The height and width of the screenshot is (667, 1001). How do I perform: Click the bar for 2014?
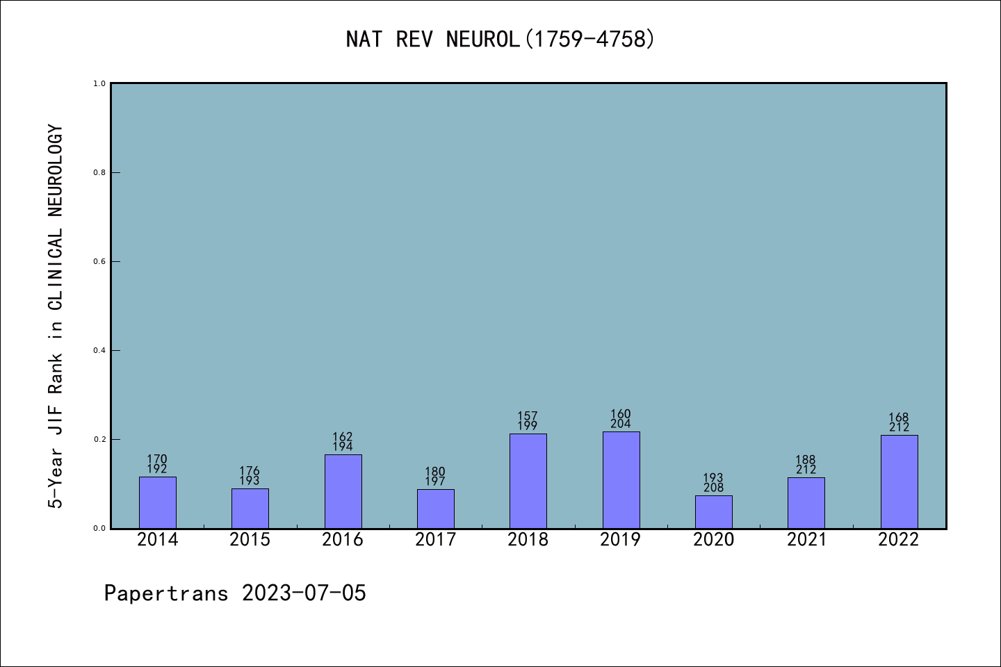point(157,502)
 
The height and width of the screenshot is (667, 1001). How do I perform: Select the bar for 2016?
point(343,491)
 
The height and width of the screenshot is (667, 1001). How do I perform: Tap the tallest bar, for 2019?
point(621,480)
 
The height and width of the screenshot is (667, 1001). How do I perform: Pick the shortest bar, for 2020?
point(713,512)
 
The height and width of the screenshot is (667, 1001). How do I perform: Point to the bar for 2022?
point(899,481)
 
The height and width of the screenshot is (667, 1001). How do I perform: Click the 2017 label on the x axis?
point(435,540)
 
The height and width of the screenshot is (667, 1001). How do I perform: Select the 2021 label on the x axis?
point(806,540)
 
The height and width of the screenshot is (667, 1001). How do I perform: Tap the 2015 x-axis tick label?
point(250,540)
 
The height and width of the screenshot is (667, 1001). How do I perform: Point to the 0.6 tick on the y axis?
point(99,261)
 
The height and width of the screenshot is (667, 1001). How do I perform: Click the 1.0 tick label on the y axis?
point(99,83)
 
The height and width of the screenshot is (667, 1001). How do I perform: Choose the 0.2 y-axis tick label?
point(99,439)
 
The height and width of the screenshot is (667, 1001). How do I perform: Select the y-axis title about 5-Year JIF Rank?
point(56,316)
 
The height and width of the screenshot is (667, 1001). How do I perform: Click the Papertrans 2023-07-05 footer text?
point(235,593)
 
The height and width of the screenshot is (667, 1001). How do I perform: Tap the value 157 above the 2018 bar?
point(528,416)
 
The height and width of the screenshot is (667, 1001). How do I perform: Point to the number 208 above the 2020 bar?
point(713,488)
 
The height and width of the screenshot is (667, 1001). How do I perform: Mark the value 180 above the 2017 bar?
point(435,472)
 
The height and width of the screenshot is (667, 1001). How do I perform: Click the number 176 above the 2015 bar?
point(250,471)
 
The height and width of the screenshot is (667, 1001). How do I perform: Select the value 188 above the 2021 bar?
point(806,460)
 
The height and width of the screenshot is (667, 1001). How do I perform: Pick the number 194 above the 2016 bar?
point(343,447)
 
